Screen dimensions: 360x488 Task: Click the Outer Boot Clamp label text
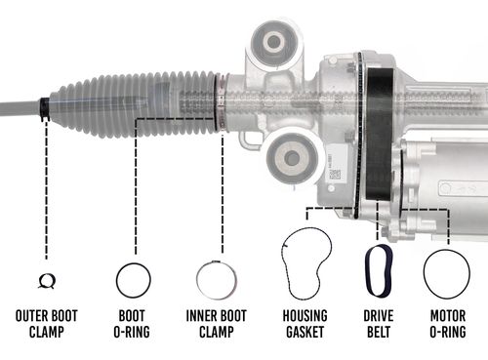(46, 323)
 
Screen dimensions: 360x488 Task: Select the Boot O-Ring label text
(133, 323)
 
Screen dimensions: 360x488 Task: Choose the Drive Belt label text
(378, 323)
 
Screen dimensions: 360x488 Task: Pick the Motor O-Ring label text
(445, 323)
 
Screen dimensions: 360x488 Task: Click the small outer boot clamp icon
(46, 281)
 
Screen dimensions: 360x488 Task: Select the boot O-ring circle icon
(133, 281)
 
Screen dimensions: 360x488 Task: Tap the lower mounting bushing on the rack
(290, 155)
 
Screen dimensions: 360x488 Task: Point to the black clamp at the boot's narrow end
(45, 106)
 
